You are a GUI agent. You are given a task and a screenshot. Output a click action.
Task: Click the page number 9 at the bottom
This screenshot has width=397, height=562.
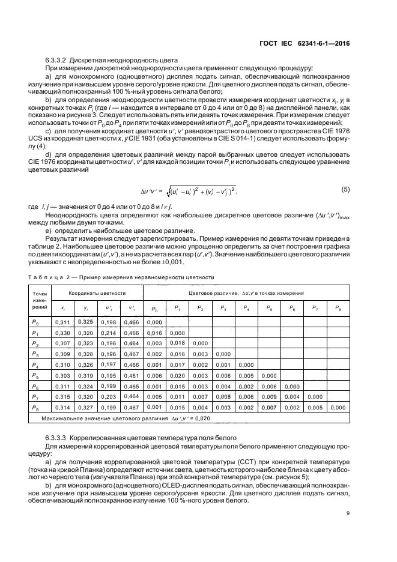coord(348,513)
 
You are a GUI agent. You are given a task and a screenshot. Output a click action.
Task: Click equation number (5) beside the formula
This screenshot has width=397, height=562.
coord(345,190)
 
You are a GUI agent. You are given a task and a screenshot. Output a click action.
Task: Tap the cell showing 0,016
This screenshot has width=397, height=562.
coord(154,333)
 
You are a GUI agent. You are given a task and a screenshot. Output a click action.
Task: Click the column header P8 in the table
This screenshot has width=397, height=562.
coord(338,309)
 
